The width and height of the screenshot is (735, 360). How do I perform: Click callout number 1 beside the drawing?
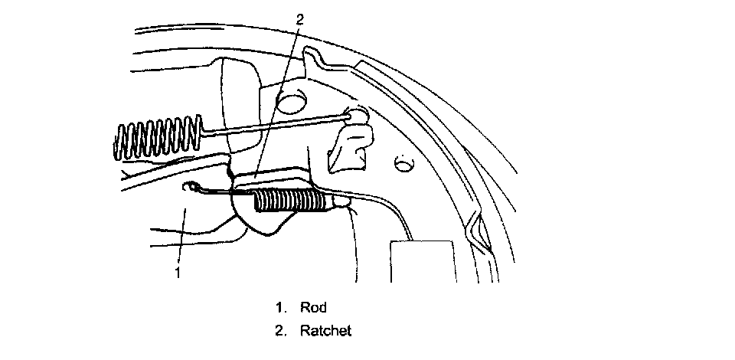click(178, 272)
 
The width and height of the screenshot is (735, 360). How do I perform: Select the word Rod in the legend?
click(314, 308)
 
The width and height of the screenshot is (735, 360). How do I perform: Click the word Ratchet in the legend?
click(325, 332)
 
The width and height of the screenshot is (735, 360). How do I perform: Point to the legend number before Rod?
click(280, 308)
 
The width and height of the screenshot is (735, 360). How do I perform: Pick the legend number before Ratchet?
click(281, 332)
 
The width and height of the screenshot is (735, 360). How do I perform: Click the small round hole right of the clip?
click(400, 163)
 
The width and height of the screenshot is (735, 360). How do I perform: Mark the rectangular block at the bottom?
click(423, 261)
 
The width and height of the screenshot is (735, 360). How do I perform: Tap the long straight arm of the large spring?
click(276, 123)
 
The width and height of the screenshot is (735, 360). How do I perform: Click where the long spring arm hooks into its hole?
click(354, 114)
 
